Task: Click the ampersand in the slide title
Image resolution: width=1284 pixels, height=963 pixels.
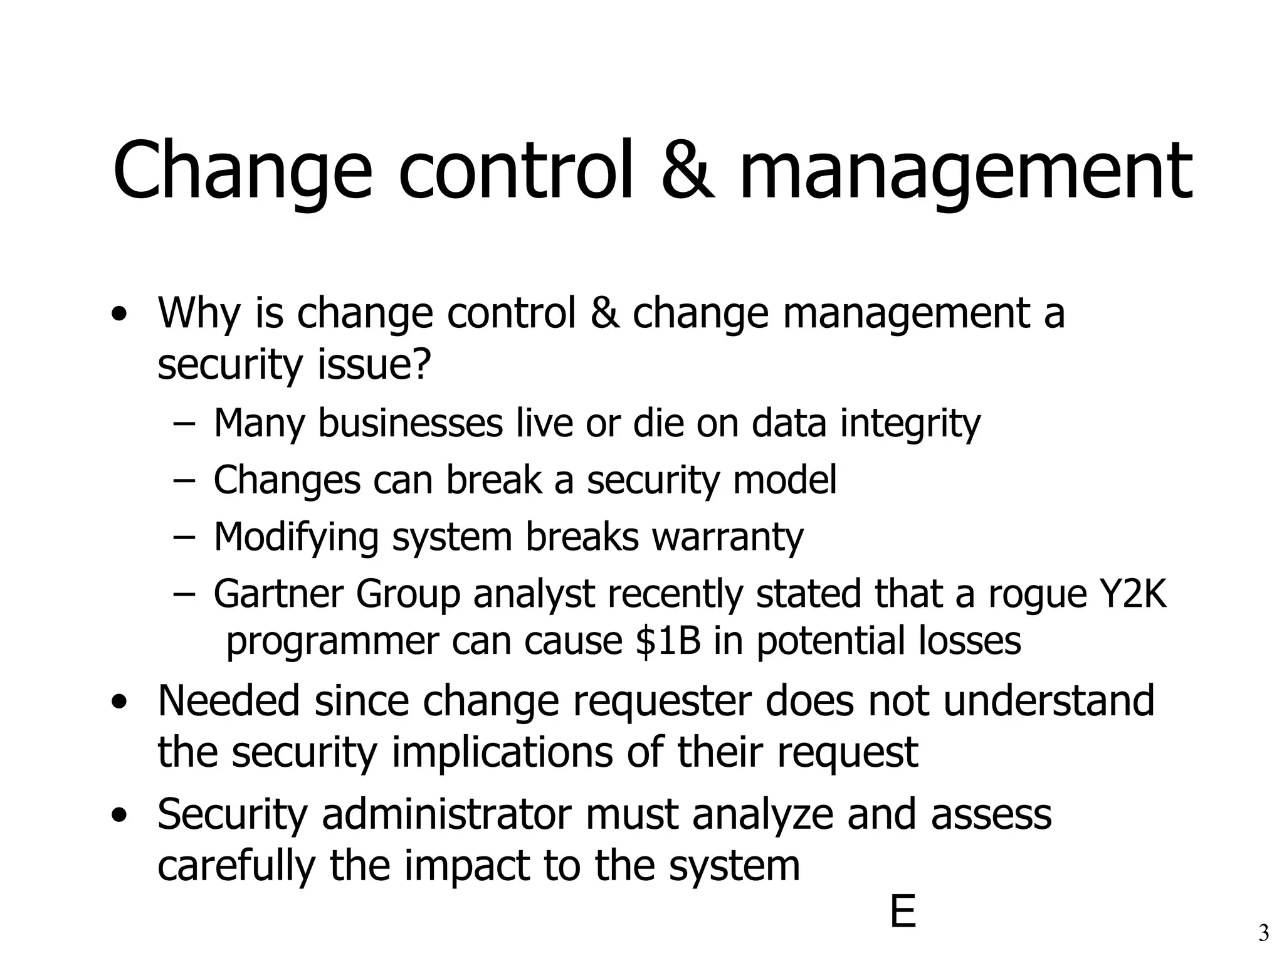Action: [687, 171]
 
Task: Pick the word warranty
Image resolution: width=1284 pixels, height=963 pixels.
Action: [727, 538]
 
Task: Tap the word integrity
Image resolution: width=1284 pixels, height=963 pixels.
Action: [910, 424]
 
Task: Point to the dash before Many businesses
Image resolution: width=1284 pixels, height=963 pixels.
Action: [182, 424]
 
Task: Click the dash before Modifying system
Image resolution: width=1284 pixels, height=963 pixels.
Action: [182, 538]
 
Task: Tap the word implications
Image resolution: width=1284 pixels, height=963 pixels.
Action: [502, 752]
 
